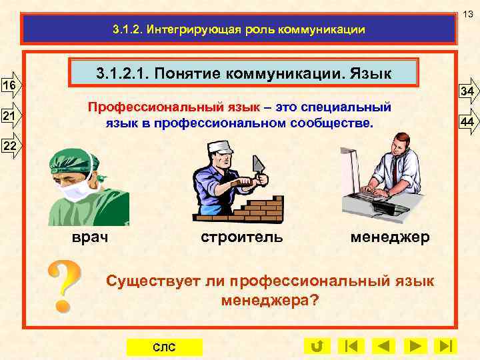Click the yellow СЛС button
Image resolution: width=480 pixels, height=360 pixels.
(x=164, y=347)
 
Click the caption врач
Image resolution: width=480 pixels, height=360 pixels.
(x=89, y=237)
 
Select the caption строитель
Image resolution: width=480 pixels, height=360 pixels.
(x=242, y=237)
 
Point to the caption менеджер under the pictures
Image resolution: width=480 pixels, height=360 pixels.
(x=389, y=237)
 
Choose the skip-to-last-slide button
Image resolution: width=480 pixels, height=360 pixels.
(x=446, y=346)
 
